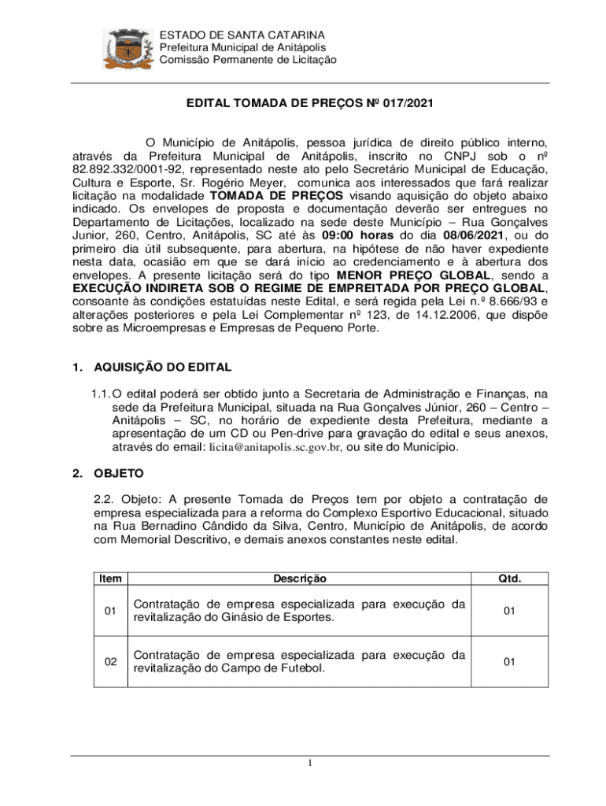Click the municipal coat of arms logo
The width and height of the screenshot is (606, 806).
(128, 49)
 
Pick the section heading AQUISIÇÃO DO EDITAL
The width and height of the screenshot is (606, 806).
(162, 368)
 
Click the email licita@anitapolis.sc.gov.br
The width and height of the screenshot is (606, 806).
(275, 447)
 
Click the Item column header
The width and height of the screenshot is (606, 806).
(110, 579)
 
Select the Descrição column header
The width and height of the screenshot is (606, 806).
(299, 579)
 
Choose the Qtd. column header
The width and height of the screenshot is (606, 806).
(509, 579)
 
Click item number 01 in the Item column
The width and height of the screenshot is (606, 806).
(110, 611)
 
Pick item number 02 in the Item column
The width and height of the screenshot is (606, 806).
(110, 662)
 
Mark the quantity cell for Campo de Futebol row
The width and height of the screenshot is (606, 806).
(509, 662)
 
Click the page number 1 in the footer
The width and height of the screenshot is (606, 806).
(311, 764)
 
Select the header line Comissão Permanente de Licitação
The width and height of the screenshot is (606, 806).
(247, 60)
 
